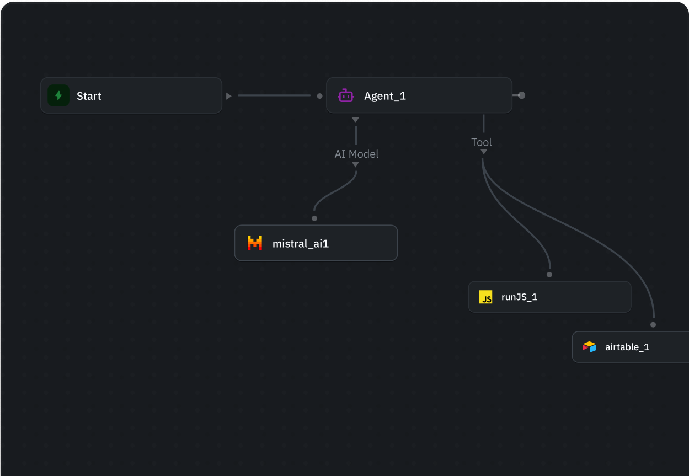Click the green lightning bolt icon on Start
pos(58,95)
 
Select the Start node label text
pos(89,96)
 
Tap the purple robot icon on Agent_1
pos(346,95)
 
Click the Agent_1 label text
pos(385,96)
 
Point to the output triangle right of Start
pos(228,96)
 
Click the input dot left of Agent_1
pos(319,96)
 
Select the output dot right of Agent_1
pos(521,95)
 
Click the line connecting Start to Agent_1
pos(274,95)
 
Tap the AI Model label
pos(356,154)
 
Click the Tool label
pos(482,142)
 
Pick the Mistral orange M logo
pos(255,243)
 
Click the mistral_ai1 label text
pos(301,244)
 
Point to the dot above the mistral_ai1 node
pos(314,218)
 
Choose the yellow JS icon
pos(485,297)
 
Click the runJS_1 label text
pos(519,297)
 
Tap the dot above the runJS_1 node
pos(549,275)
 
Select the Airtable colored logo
pos(589,347)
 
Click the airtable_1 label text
pos(627,347)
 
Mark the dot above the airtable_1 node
pos(653,325)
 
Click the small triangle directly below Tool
pos(484,152)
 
